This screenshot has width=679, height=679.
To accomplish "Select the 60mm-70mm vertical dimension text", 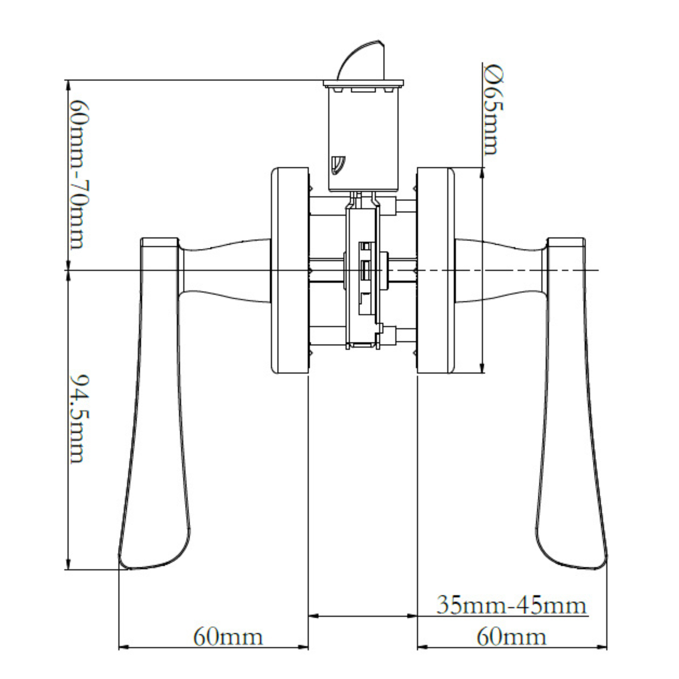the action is click(x=77, y=174).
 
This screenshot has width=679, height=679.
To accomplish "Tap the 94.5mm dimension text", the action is click(x=77, y=418).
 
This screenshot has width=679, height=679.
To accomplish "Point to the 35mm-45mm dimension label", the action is click(x=512, y=605).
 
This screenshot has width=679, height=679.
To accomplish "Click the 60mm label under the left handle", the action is click(x=228, y=637).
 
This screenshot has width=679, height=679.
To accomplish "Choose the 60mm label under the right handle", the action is click(x=512, y=637).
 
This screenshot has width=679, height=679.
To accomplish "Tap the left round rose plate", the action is click(x=290, y=270).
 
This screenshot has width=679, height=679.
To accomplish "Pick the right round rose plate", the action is click(x=435, y=270).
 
